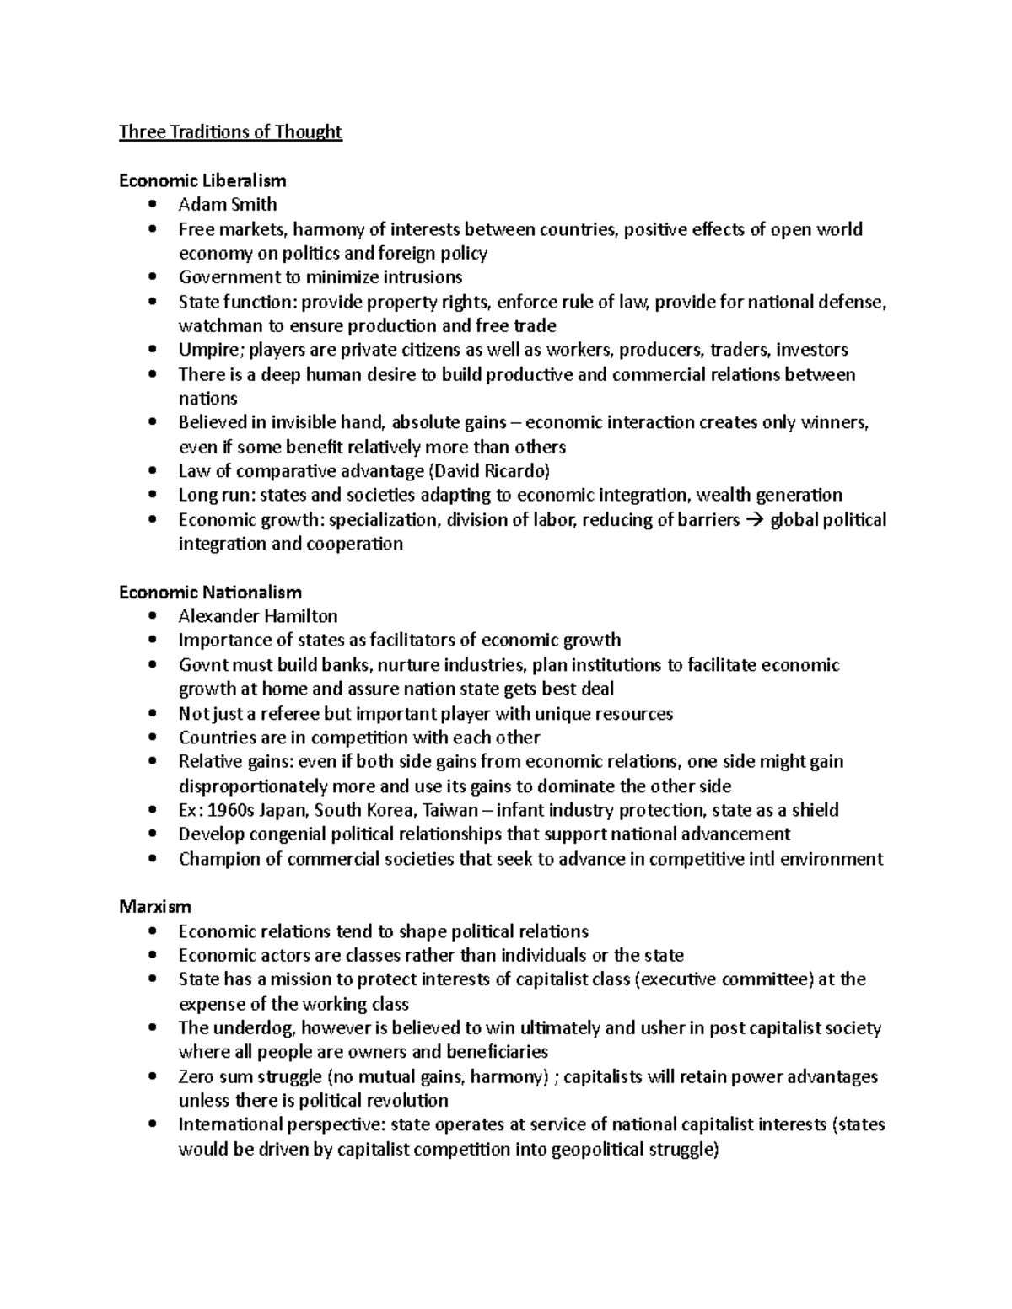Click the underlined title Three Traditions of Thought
pyautogui.click(x=230, y=131)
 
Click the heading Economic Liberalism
pyautogui.click(x=202, y=180)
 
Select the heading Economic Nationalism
pyautogui.click(x=210, y=593)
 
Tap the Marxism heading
pyautogui.click(x=155, y=907)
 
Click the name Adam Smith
pyautogui.click(x=228, y=205)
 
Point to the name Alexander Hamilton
pyautogui.click(x=258, y=616)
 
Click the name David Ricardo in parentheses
pyautogui.click(x=493, y=471)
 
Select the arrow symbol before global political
pyautogui.click(x=756, y=520)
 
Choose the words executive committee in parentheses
pyautogui.click(x=724, y=979)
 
